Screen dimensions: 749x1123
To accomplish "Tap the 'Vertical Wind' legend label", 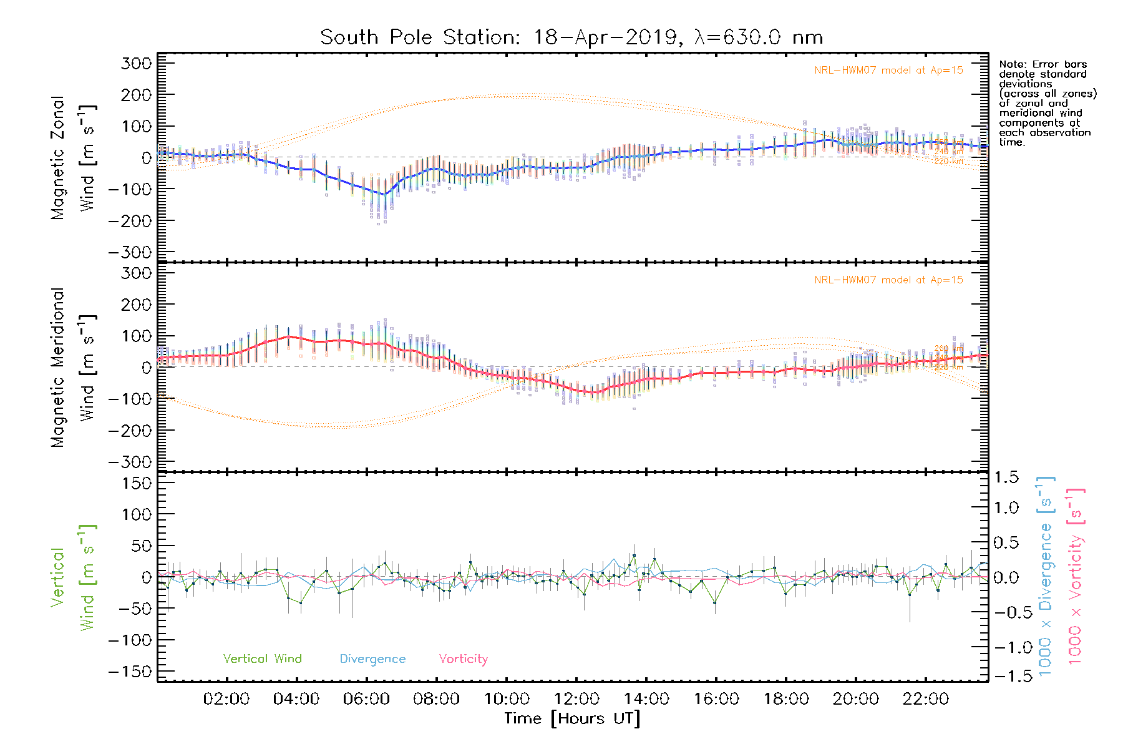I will pyautogui.click(x=262, y=658).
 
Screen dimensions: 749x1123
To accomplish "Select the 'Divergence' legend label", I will pyautogui.click(x=372, y=658).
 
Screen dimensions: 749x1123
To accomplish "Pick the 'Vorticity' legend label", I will pyautogui.click(x=463, y=658).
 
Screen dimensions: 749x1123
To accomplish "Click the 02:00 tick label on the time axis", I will pyautogui.click(x=226, y=699).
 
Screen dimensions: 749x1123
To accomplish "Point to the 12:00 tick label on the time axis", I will pyautogui.click(x=576, y=699).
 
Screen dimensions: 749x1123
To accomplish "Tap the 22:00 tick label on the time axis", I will pyautogui.click(x=926, y=699).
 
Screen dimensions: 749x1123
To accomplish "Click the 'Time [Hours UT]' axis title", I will pyautogui.click(x=572, y=718).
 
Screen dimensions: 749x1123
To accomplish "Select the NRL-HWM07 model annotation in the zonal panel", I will pyautogui.click(x=888, y=71).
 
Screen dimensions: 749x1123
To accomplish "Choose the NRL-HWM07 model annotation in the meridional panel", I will pyautogui.click(x=888, y=280).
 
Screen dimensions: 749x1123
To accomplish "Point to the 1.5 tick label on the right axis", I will pyautogui.click(x=1006, y=477).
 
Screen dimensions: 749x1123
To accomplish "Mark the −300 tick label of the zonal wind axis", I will pyautogui.click(x=130, y=253).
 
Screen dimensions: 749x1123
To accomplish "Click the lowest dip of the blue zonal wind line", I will pyautogui.click(x=384, y=195).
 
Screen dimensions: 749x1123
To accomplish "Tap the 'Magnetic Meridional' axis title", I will pyautogui.click(x=58, y=368).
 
